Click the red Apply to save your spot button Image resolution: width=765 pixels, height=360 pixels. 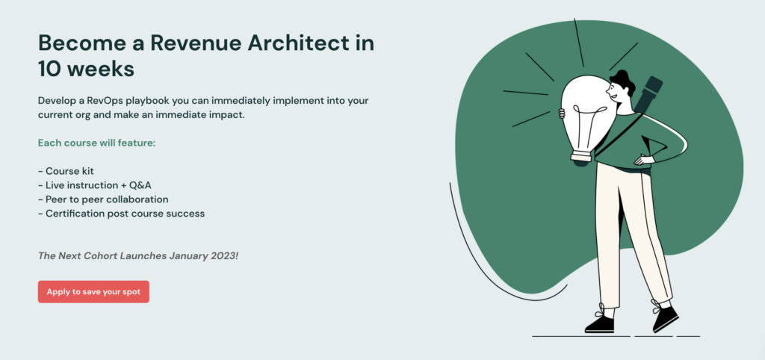93,292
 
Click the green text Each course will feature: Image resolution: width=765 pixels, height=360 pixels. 96,143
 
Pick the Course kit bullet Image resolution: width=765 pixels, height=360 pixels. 66,171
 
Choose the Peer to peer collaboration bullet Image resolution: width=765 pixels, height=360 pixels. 103,199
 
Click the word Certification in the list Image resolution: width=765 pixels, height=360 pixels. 75,214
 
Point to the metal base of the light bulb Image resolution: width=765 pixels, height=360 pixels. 583,157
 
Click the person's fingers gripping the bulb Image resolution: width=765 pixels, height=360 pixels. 562,114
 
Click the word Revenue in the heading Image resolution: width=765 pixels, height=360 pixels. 195,43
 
